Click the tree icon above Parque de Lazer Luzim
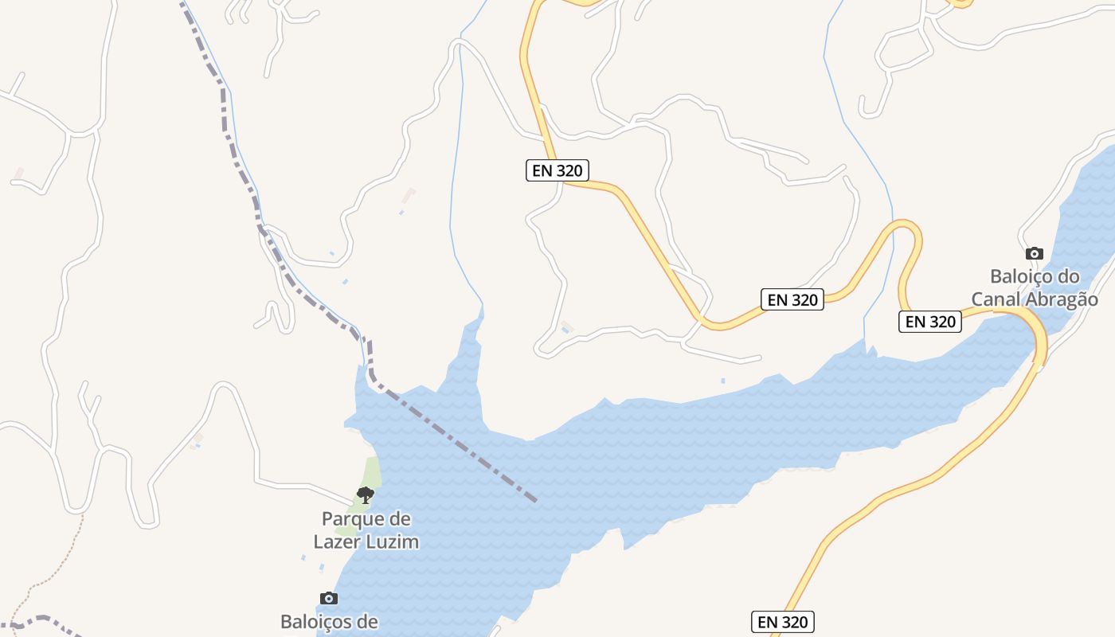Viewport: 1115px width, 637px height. (365, 495)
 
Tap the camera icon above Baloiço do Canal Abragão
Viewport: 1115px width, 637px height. (1034, 253)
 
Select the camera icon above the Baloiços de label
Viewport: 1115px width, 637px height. (328, 598)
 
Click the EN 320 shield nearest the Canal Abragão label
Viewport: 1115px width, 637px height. (930, 322)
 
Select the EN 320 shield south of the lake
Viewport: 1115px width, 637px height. (782, 622)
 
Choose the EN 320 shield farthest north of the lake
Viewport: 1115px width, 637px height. (557, 170)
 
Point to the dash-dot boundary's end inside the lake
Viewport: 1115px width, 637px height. (535, 501)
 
